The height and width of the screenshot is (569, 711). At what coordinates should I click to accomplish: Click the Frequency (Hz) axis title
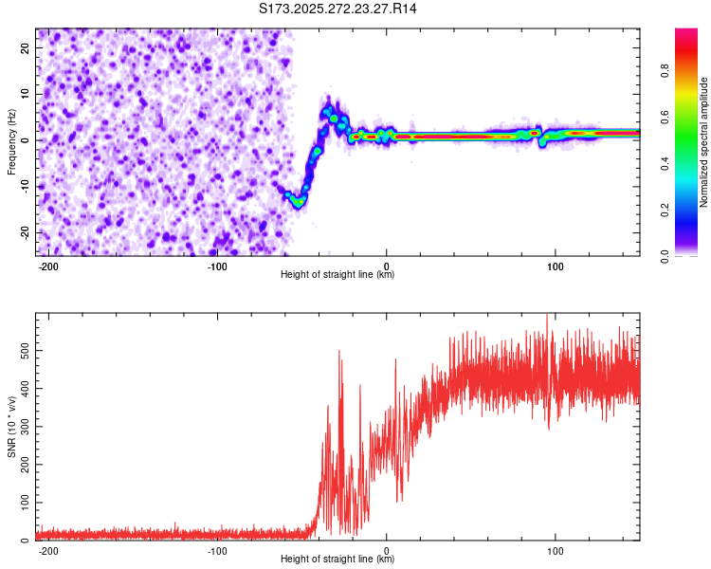tap(11, 142)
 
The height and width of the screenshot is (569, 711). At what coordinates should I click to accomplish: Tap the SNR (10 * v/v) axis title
tap(11, 427)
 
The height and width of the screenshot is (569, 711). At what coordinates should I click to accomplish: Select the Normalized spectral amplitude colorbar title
tap(704, 142)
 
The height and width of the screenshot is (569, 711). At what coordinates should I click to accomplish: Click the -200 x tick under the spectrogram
tap(48, 266)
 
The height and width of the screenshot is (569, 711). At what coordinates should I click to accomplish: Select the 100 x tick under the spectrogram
tap(555, 266)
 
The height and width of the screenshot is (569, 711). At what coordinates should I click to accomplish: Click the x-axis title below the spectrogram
tap(337, 275)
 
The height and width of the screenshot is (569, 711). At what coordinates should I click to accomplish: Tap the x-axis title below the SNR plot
tap(337, 560)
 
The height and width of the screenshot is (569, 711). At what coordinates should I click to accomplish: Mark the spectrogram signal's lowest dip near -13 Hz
tap(299, 201)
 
